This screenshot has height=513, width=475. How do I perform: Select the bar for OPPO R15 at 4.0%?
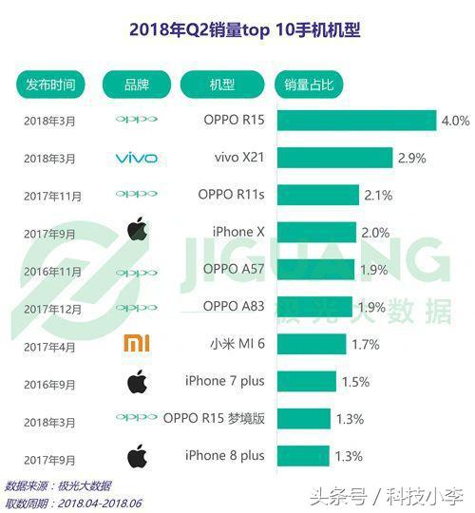tap(356, 121)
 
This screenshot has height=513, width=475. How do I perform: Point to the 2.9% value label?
tap(411, 157)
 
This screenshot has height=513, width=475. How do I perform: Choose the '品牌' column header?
tap(136, 85)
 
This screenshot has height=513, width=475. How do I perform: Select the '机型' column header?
tap(222, 85)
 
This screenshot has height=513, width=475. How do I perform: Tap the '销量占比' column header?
tap(309, 85)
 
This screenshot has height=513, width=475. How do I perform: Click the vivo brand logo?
tap(136, 158)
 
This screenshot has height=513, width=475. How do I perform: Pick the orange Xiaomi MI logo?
tap(136, 343)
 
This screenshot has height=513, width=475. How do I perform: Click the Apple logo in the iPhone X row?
tap(136, 231)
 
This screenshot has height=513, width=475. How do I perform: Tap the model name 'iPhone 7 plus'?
tap(225, 380)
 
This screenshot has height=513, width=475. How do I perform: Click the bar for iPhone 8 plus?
tap(303, 454)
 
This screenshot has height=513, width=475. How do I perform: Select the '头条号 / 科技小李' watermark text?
tap(390, 494)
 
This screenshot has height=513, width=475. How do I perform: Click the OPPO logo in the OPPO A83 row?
tap(136, 307)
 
